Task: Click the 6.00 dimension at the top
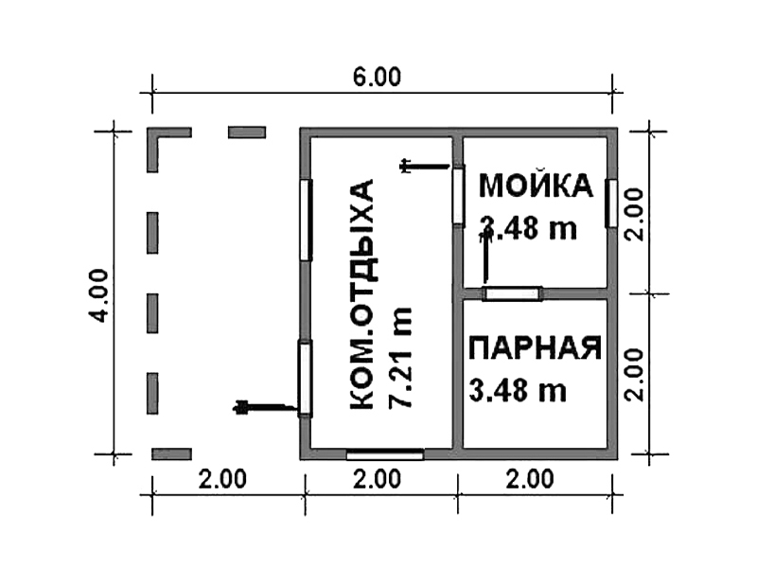point(377,78)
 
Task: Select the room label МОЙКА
point(536,186)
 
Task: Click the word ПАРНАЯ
point(536,347)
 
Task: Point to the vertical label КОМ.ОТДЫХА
point(361,294)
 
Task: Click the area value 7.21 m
point(399,358)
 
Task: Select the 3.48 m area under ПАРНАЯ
point(518,390)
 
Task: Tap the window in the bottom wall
point(385,454)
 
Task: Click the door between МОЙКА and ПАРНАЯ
point(513,293)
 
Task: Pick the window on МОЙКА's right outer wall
point(611,204)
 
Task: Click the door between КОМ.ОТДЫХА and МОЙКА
point(459,195)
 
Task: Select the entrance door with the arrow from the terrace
point(305,379)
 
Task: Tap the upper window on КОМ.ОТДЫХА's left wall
point(305,221)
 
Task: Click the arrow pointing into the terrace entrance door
point(266,408)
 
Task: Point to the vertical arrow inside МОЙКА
point(484,257)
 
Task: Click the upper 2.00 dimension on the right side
point(634,214)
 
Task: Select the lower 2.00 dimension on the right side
point(634,375)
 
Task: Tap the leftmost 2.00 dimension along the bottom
point(222,479)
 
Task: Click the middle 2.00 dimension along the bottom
point(377,479)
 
